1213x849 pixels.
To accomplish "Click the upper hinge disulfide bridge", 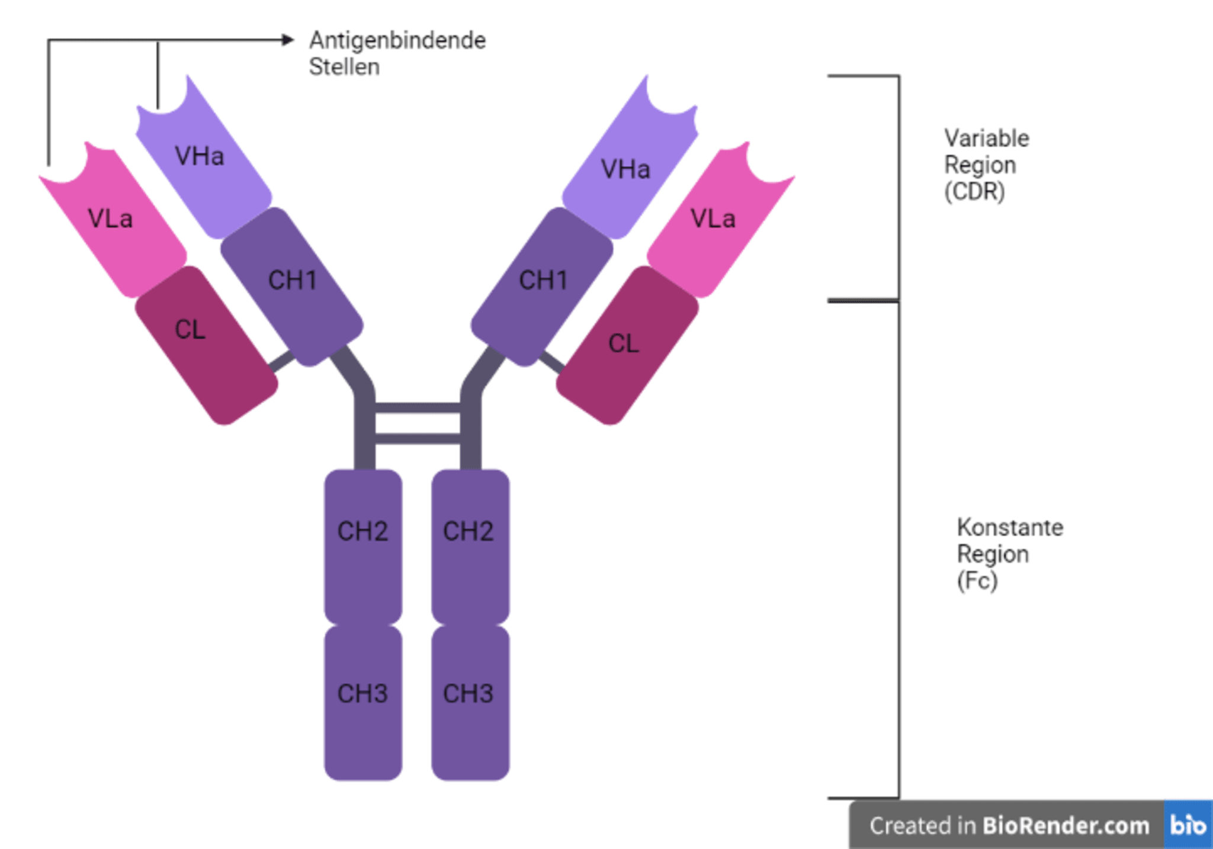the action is [418, 408].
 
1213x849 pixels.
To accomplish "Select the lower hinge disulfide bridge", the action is [418, 439].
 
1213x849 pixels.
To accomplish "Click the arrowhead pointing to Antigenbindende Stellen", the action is [288, 40].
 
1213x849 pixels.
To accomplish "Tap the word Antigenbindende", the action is [397, 40].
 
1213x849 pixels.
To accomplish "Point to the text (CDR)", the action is [974, 192].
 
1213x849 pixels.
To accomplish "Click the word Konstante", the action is [1010, 527].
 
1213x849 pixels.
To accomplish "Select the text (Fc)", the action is [977, 581].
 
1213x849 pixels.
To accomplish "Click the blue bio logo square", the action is [1189, 825].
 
